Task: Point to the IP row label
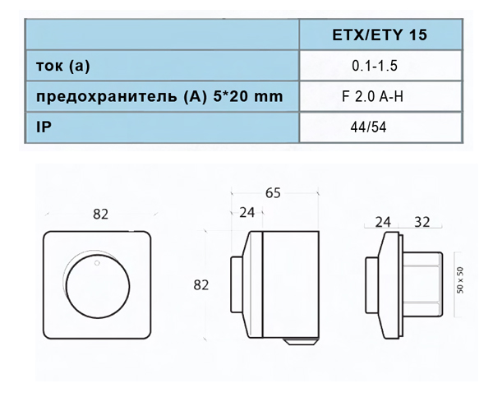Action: (x=44, y=128)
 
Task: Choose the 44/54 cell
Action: (x=367, y=128)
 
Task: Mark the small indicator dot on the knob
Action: (x=96, y=263)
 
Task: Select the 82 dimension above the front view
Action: (x=100, y=214)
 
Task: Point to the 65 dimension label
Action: (x=274, y=193)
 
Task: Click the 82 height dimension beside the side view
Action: (x=200, y=285)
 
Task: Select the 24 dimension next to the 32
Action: (x=382, y=221)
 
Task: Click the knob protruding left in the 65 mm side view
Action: (x=237, y=284)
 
